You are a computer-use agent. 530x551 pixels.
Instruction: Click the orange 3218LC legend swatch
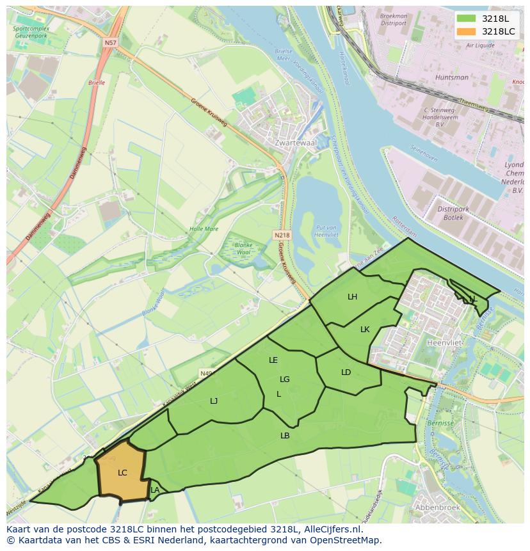[465, 31]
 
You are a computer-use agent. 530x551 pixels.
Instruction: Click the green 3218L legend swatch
[465, 19]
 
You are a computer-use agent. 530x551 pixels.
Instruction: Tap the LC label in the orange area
[122, 473]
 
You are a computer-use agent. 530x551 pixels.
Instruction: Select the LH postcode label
[352, 297]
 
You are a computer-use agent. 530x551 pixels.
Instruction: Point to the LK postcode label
[365, 330]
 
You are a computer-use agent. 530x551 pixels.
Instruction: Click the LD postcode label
[346, 372]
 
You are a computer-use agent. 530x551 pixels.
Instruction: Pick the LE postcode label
[273, 360]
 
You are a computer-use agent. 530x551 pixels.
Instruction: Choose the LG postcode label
[285, 379]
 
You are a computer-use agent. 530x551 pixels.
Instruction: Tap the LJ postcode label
[214, 401]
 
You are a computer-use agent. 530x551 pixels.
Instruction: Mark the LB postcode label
[285, 436]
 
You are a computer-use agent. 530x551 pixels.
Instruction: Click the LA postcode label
[154, 490]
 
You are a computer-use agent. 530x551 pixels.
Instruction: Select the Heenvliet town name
[443, 343]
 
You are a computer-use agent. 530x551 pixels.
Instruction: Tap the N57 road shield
[110, 42]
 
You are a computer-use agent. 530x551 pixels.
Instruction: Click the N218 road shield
[282, 236]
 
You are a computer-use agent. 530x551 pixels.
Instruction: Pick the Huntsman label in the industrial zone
[451, 77]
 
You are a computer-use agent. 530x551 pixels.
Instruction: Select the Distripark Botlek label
[453, 213]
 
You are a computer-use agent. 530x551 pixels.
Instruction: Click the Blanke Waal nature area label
[243, 248]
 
